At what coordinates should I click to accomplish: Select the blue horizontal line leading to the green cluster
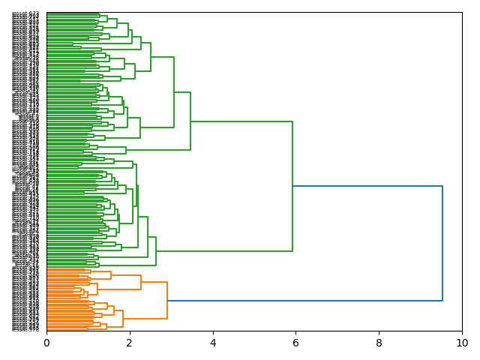pyautogui.click(x=367, y=186)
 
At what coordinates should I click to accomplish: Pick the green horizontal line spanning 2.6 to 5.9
pyautogui.click(x=224, y=250)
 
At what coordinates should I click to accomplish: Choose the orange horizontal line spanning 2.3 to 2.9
pyautogui.click(x=154, y=282)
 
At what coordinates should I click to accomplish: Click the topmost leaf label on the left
pyautogui.click(x=26, y=13)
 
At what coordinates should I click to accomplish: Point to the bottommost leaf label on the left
pyautogui.click(x=26, y=329)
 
